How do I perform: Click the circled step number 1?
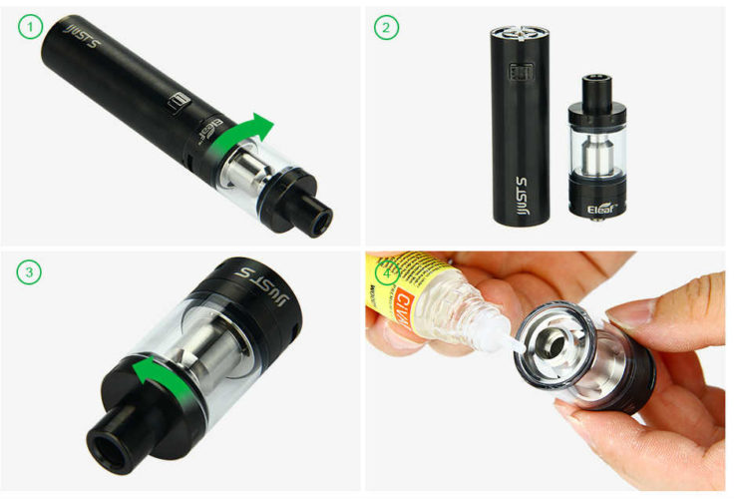[x=30, y=28]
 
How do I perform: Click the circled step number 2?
[x=386, y=28]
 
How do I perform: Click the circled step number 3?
[x=30, y=271]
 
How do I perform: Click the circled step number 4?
[x=384, y=271]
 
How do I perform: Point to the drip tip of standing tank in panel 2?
[x=599, y=80]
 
